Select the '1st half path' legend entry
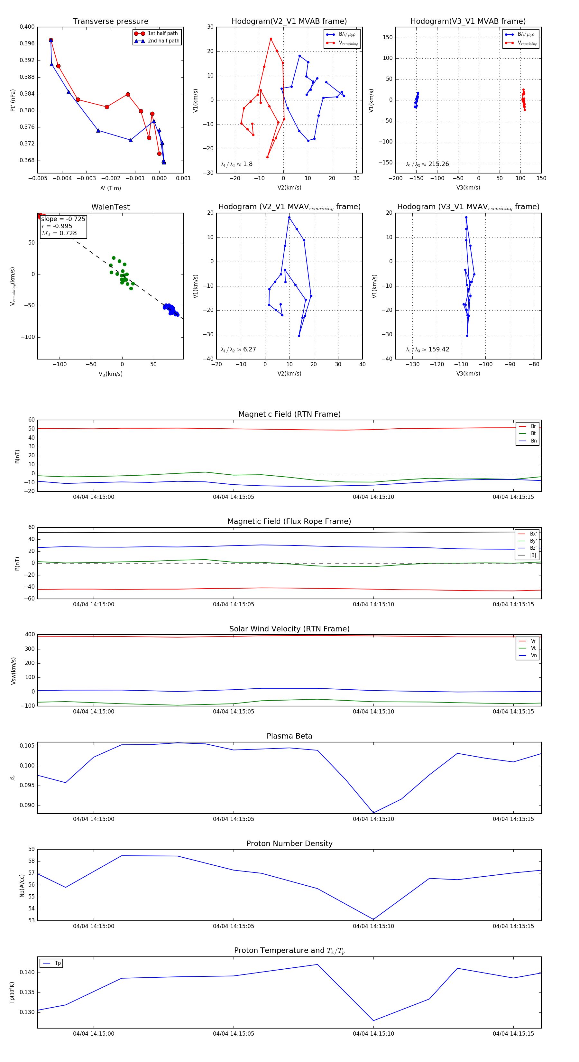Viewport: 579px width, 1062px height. coord(162,33)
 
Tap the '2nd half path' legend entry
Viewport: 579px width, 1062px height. coord(163,41)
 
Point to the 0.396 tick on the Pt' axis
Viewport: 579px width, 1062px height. coord(27,44)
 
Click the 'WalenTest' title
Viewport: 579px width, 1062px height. coord(110,207)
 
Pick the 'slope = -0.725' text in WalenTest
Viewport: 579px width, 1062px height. coord(63,219)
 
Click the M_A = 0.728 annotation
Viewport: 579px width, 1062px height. coord(59,233)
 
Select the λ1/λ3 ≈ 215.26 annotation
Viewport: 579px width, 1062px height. coord(427,164)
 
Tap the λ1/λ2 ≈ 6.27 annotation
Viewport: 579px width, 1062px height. coord(238,349)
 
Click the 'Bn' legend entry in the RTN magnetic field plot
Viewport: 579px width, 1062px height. coord(533,441)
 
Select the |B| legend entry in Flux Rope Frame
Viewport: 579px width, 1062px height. coord(532,555)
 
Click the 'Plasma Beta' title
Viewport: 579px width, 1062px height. coord(289,736)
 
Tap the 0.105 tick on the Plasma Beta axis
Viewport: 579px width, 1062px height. coord(27,746)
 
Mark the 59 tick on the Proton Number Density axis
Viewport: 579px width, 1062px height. coord(31,849)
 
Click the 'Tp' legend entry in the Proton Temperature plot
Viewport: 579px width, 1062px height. coord(57,963)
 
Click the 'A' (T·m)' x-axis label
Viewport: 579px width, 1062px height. coord(110,188)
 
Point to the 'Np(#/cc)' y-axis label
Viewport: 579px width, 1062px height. coord(22,885)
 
